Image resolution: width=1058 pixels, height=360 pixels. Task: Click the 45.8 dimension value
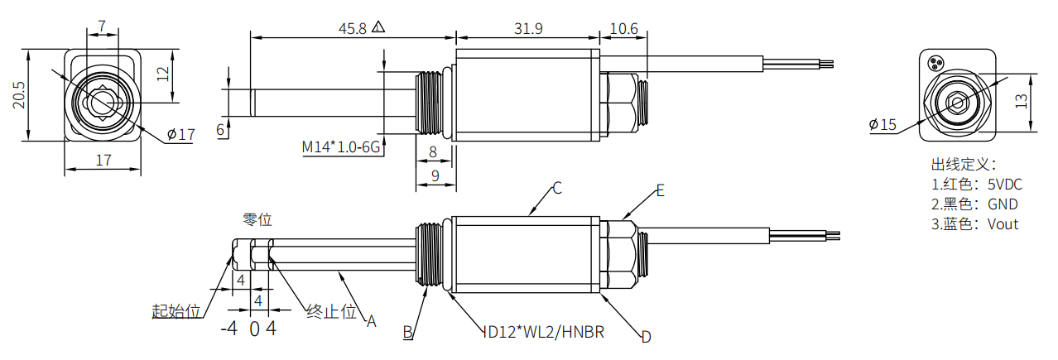pos(352,28)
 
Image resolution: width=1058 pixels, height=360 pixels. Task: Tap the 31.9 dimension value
pos(527,28)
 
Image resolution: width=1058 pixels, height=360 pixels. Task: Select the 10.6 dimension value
pos(623,28)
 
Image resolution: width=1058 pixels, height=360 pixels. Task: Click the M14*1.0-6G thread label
pos(339,147)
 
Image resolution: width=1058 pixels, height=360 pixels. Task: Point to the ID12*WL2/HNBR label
pos(543,333)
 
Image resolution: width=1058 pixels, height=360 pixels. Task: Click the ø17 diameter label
pos(180,134)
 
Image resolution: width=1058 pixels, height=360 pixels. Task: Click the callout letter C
pos(557,189)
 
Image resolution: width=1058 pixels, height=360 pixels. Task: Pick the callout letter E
pos(660,191)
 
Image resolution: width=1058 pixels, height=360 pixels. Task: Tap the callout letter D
pos(647,337)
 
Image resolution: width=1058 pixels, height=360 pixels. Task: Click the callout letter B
pos(407,333)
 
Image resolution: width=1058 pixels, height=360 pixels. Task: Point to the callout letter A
pos(372,320)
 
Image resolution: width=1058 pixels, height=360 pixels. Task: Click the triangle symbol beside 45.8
pos(378,27)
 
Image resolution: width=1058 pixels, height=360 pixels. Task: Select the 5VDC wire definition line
pos(975,185)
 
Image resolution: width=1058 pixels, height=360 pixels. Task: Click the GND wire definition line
pos(974,204)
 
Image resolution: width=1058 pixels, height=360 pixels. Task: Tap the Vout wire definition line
pos(974,224)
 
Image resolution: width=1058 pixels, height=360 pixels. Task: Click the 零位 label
pos(257,220)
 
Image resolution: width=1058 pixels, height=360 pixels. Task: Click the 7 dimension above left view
pos(102,26)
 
